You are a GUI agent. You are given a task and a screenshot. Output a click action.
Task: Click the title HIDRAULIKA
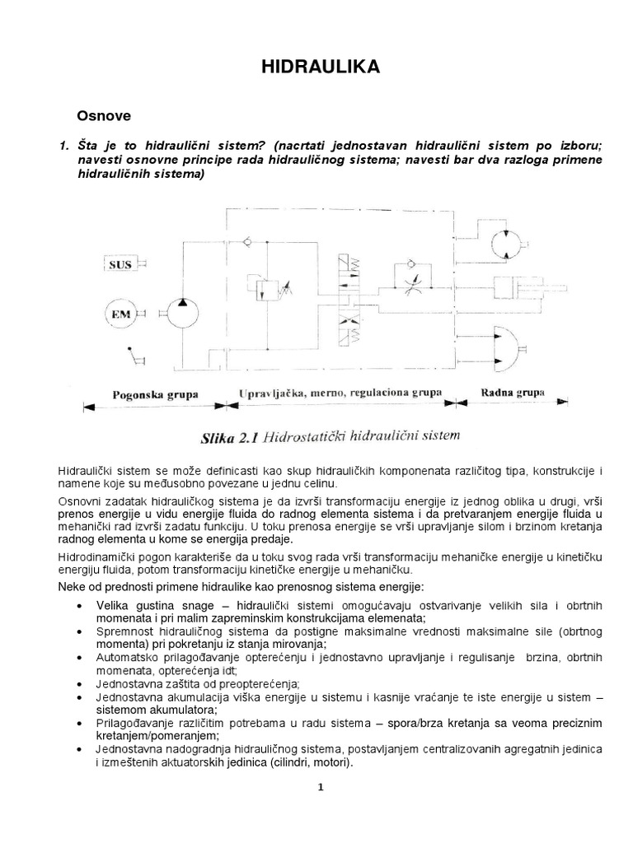321,68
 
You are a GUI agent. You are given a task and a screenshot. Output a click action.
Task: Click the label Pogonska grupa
154,394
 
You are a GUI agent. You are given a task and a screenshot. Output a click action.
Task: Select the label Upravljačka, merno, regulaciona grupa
340,393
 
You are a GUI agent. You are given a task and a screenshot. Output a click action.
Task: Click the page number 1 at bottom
321,787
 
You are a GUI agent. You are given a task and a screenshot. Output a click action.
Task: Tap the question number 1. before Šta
62,146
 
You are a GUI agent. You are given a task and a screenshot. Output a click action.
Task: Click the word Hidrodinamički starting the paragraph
93,558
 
